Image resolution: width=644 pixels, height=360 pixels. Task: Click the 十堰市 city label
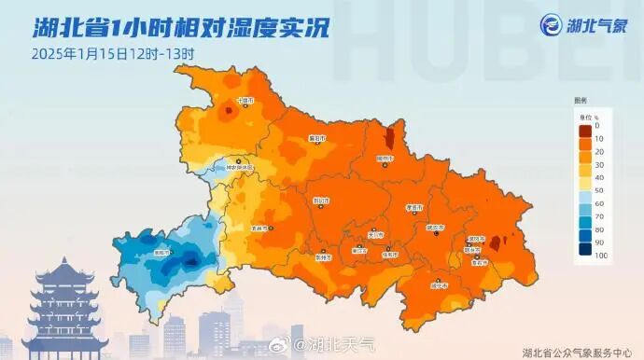(245, 100)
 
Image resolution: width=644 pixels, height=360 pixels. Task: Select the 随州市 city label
(385, 159)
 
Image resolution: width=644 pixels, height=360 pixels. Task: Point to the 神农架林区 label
(240, 168)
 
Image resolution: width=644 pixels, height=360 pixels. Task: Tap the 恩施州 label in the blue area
(162, 252)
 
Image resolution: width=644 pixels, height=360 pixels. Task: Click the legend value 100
(602, 255)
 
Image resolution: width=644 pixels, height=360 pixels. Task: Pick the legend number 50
(600, 189)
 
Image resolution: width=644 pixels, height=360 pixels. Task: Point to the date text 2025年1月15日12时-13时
(112, 53)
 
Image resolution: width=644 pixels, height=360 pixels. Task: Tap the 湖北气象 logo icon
(551, 25)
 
